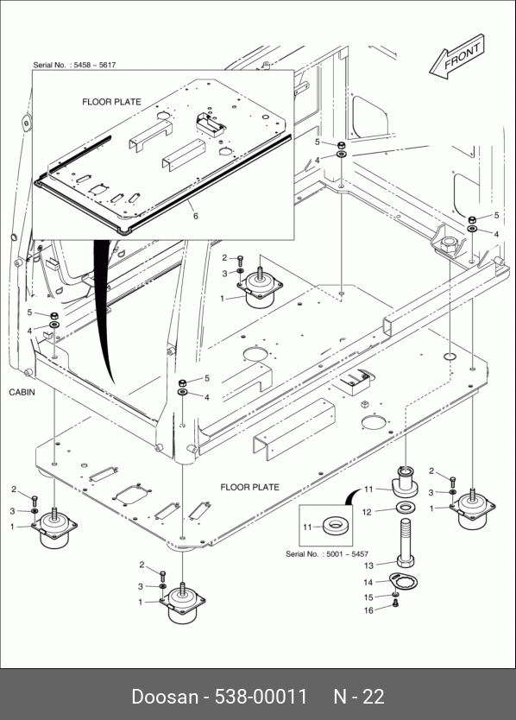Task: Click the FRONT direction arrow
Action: click(456, 56)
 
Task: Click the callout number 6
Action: click(196, 216)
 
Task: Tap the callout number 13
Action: click(368, 565)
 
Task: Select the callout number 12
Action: click(367, 512)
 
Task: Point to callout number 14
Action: click(368, 582)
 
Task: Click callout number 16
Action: click(368, 610)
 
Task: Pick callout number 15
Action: click(368, 597)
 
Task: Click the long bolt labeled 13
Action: click(406, 543)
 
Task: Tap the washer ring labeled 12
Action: click(406, 508)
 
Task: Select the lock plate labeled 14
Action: click(403, 582)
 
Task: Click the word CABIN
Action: click(22, 393)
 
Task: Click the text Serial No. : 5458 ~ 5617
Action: click(74, 65)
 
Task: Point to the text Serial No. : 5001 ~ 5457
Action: click(327, 553)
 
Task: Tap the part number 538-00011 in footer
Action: click(261, 696)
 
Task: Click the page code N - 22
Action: click(359, 696)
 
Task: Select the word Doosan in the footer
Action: click(166, 696)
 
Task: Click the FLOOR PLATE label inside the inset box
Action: click(111, 102)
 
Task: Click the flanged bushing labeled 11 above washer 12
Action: click(404, 482)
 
